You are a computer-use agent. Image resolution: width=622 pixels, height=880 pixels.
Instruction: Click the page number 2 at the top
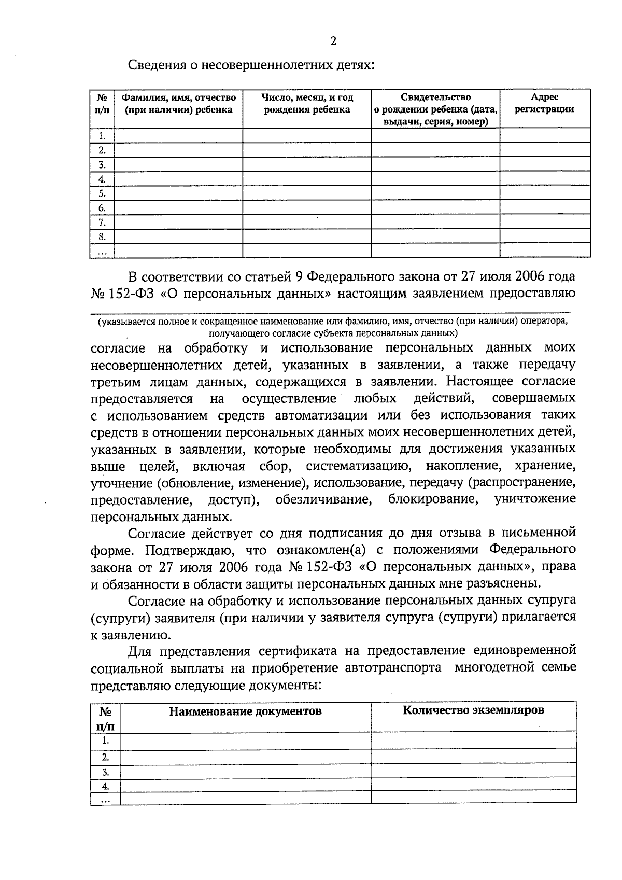(x=333, y=41)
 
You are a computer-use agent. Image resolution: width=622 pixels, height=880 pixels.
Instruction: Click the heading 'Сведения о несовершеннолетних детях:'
(x=251, y=66)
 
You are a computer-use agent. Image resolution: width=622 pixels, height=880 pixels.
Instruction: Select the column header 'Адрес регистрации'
(x=544, y=103)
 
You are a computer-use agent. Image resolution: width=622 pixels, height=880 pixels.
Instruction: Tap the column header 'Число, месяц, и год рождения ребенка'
(x=307, y=103)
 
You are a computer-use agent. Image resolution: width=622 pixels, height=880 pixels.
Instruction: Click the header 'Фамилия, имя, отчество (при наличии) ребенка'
(x=178, y=103)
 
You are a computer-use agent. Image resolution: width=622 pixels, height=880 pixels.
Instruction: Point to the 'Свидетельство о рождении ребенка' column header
(x=435, y=109)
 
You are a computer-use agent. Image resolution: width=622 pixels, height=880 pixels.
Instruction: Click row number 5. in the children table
(x=102, y=194)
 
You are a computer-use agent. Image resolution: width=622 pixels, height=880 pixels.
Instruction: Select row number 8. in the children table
(x=102, y=237)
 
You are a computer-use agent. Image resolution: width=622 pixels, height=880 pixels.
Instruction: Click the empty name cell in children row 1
(x=178, y=136)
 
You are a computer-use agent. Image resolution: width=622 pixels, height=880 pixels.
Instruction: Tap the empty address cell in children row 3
(x=544, y=165)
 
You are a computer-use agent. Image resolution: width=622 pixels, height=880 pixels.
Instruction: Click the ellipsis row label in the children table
(x=102, y=252)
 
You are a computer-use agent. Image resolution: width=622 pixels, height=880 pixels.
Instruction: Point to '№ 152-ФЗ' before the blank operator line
(x=122, y=294)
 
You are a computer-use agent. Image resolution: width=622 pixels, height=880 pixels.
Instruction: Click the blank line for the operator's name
(x=332, y=310)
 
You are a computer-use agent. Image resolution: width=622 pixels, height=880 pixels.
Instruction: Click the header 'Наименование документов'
(x=245, y=711)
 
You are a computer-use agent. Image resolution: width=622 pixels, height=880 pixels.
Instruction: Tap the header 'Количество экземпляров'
(x=473, y=710)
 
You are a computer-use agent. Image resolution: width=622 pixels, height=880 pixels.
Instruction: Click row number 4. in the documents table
(x=106, y=786)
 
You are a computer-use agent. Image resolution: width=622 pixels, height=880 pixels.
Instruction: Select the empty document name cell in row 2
(x=245, y=756)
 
